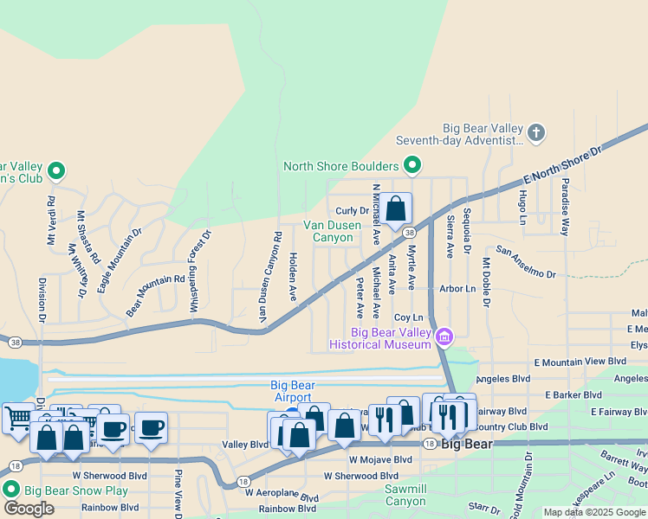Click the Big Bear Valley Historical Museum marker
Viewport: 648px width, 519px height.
(444, 336)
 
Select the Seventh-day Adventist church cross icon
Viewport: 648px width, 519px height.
(536, 132)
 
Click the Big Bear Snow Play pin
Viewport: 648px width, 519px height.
(11, 490)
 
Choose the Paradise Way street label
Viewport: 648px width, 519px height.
(565, 207)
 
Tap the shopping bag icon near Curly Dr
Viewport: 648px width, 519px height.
(396, 208)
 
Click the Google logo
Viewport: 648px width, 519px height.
(29, 508)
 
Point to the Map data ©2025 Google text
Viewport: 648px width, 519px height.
(594, 512)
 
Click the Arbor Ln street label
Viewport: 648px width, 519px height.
(457, 289)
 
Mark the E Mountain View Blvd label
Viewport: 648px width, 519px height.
(580, 362)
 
